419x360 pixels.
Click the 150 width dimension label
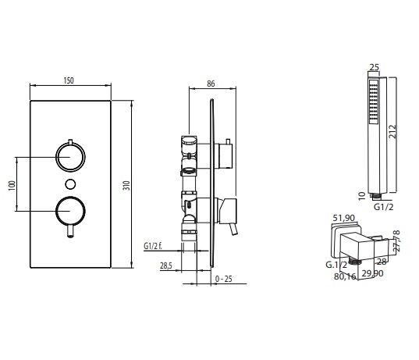(x=69, y=80)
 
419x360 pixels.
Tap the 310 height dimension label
(x=126, y=185)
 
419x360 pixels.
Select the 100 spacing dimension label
(x=12, y=185)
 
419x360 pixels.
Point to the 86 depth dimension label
(x=211, y=84)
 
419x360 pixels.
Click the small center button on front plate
(x=70, y=184)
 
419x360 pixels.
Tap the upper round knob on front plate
(x=70, y=157)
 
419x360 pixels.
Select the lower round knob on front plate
(x=70, y=211)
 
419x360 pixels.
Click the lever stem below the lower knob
(x=70, y=232)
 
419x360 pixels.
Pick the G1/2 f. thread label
(x=153, y=246)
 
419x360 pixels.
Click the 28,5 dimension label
(x=166, y=266)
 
